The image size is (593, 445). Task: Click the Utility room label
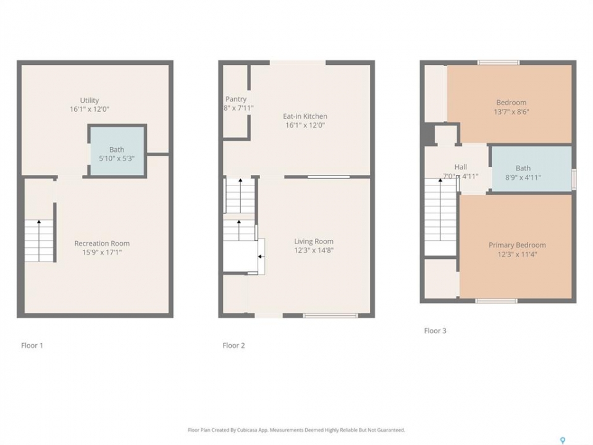pyautogui.click(x=89, y=100)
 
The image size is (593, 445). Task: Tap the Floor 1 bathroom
pyautogui.click(x=117, y=151)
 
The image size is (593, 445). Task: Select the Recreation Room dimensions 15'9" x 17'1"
pyautogui.click(x=102, y=252)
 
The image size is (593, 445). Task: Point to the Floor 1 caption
pyautogui.click(x=32, y=345)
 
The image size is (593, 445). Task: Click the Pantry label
pyautogui.click(x=236, y=99)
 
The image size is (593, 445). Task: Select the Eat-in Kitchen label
pyautogui.click(x=305, y=116)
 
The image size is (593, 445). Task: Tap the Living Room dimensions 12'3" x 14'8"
pyautogui.click(x=314, y=250)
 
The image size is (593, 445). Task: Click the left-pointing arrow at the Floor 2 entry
pyautogui.click(x=261, y=256)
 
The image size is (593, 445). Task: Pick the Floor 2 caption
pyautogui.click(x=233, y=345)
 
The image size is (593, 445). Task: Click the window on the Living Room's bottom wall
pyautogui.click(x=330, y=315)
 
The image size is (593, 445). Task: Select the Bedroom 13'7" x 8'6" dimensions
pyautogui.click(x=511, y=112)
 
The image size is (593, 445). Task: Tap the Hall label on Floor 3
pyautogui.click(x=461, y=167)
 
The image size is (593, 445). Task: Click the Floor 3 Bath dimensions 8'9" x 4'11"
pyautogui.click(x=523, y=177)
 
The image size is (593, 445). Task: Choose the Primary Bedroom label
pyautogui.click(x=517, y=245)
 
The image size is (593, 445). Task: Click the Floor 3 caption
pyautogui.click(x=435, y=331)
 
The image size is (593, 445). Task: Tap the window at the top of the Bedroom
pyautogui.click(x=498, y=62)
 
